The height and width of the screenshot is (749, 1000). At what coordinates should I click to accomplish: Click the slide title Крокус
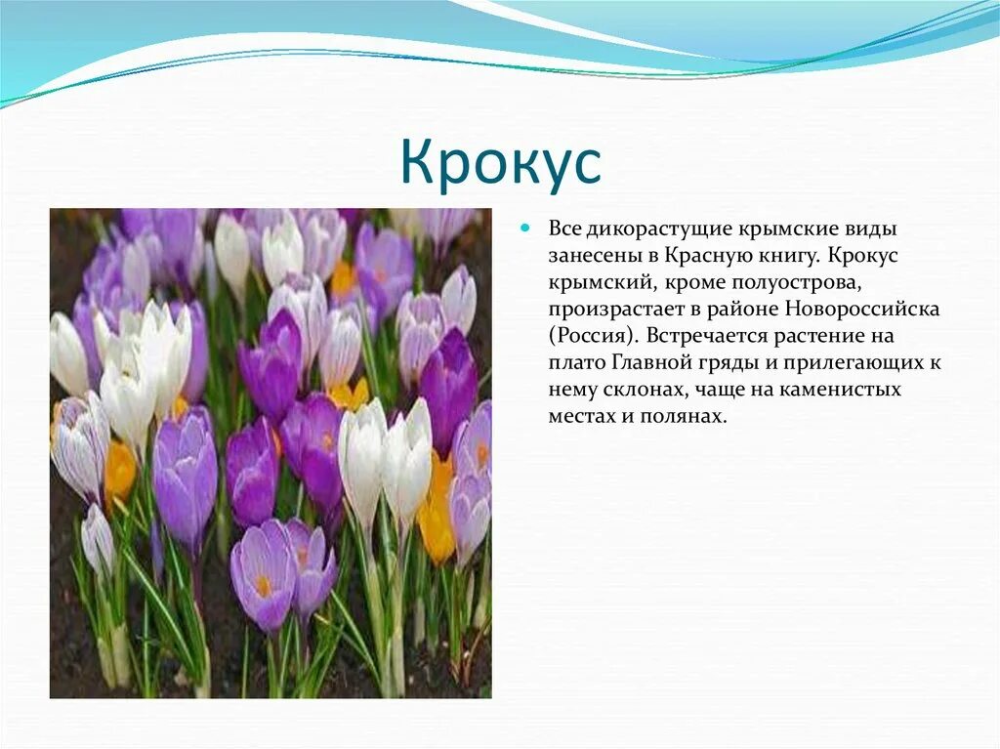500,163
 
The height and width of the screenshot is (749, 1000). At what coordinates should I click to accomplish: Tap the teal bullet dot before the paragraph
525,228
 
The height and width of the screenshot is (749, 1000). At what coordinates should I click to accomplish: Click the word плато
576,363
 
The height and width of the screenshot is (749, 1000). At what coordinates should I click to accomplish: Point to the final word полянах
691,417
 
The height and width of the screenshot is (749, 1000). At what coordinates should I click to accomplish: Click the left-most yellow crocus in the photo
120,470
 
